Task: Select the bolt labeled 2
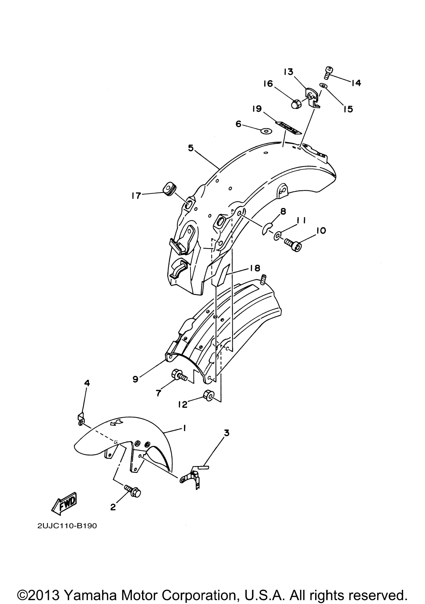pos(133,491)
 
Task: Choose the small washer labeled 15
pos(322,85)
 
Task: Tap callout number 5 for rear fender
pos(191,148)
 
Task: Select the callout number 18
pos(255,268)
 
